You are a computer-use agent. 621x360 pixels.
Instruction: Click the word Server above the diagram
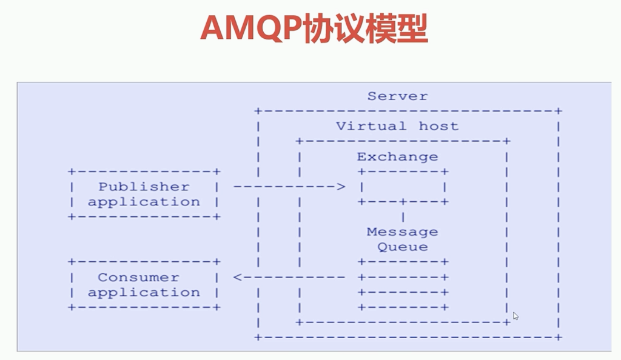click(397, 96)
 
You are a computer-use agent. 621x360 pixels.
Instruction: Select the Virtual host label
click(397, 126)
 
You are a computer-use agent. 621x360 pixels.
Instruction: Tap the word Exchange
click(397, 156)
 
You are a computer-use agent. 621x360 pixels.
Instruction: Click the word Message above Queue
click(402, 232)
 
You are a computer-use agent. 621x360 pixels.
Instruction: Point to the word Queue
click(402, 247)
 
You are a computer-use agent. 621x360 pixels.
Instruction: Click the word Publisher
click(144, 187)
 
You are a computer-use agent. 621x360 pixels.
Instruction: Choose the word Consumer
click(138, 278)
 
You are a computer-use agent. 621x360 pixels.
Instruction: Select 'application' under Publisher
click(144, 202)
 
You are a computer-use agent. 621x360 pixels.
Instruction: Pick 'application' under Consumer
click(144, 293)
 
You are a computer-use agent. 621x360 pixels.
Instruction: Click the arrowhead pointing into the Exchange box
click(341, 187)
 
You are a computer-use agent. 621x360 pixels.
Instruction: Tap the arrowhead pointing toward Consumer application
click(238, 278)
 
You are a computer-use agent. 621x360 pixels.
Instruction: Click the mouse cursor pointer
click(515, 316)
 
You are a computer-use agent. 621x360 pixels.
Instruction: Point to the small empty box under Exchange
click(403, 187)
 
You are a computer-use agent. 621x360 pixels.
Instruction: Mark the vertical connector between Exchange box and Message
click(403, 216)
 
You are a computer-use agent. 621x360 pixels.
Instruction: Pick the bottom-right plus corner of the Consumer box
click(217, 307)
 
